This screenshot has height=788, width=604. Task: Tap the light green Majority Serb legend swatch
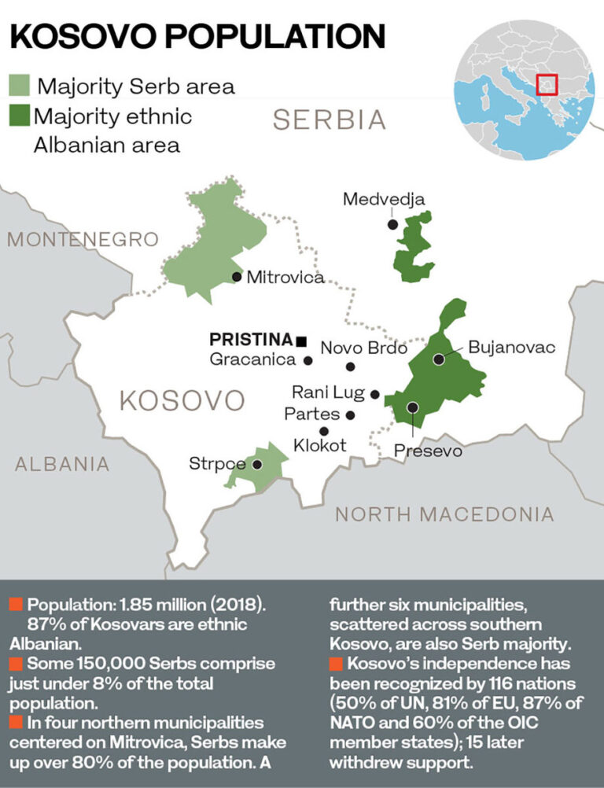tap(19, 85)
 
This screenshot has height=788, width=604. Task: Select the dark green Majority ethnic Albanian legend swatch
tap(19, 116)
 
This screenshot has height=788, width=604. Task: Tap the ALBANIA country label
tap(62, 464)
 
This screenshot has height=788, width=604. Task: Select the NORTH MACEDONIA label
tap(444, 514)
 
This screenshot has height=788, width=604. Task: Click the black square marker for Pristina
tap(300, 341)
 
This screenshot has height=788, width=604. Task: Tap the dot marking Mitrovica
tap(236, 277)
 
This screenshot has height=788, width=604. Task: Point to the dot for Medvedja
tap(392, 224)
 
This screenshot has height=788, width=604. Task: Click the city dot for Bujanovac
tap(438, 359)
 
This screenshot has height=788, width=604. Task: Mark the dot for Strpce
tap(257, 465)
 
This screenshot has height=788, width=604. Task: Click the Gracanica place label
tap(253, 360)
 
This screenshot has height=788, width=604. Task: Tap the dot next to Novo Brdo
tap(351, 366)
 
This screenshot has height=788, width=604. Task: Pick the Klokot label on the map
tap(319, 446)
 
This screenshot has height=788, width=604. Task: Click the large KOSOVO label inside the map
tap(182, 401)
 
